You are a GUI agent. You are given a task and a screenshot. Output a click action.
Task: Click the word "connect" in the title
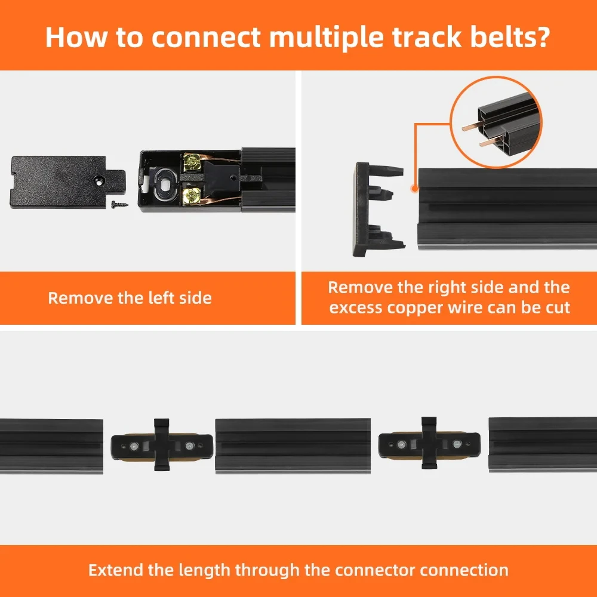[205, 36]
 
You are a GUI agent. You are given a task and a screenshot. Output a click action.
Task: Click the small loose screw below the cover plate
[118, 204]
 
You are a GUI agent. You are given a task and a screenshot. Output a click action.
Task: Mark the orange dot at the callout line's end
[414, 188]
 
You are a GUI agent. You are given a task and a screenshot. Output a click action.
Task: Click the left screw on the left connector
[136, 446]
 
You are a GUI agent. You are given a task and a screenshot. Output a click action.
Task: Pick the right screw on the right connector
[457, 445]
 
